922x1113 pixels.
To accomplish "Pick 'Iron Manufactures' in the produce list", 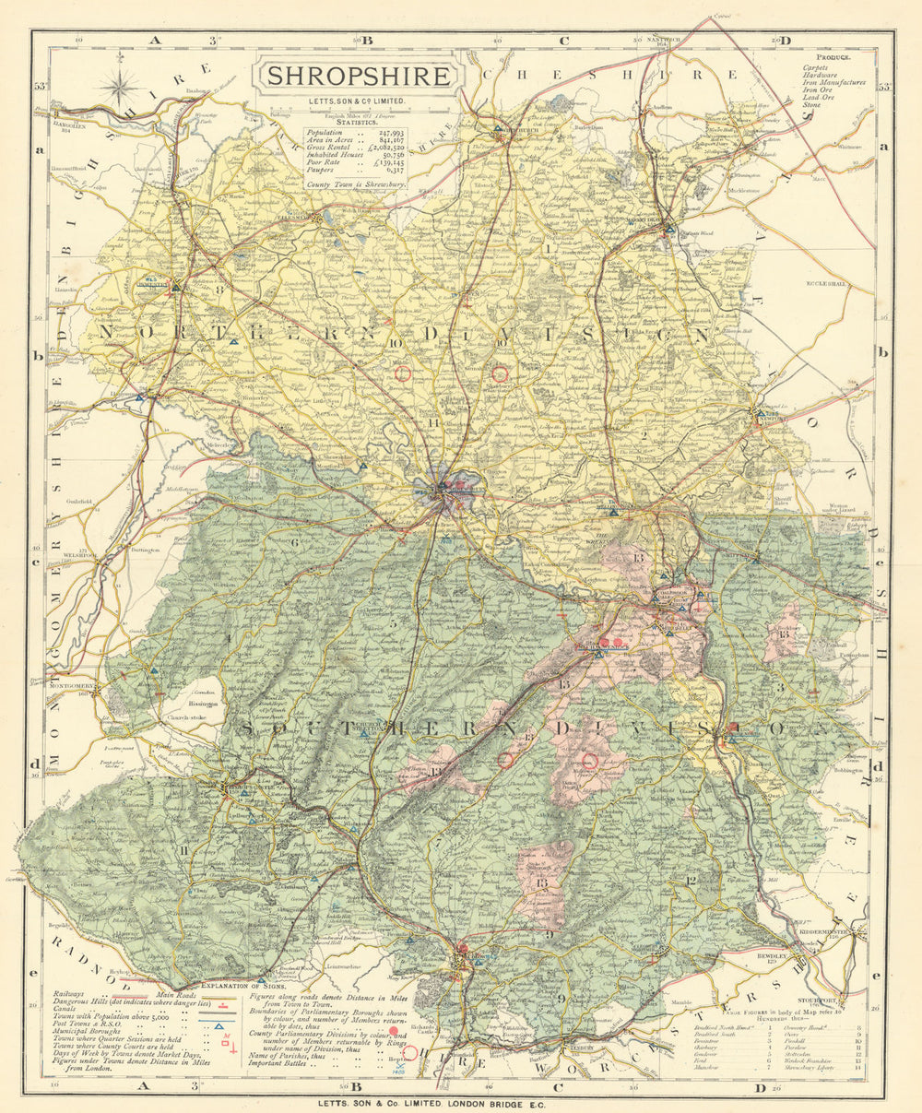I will coord(833,82).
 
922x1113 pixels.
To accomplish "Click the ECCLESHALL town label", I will coord(825,284).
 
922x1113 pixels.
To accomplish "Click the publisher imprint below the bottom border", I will coord(460,1101).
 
